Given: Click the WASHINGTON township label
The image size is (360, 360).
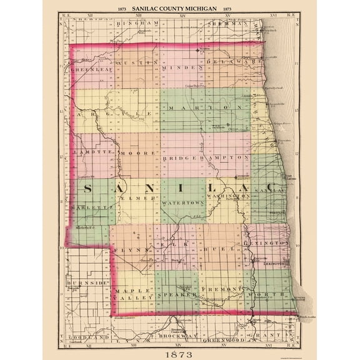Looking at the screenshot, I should [231, 196].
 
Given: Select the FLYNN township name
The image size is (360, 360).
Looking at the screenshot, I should [127, 248].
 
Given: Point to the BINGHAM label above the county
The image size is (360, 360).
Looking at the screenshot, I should [137, 21].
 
